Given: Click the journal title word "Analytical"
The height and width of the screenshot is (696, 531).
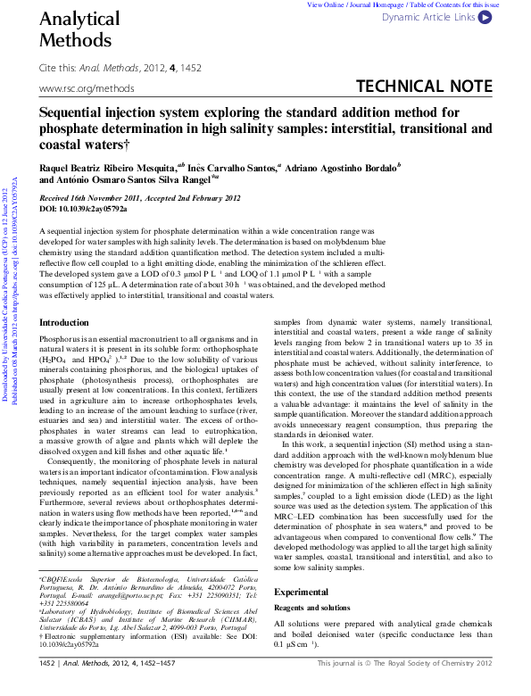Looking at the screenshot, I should [x=79, y=19].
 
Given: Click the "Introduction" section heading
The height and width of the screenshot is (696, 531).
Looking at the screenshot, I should [x=64, y=322].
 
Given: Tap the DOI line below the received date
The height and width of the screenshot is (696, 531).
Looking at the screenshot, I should [x=84, y=209].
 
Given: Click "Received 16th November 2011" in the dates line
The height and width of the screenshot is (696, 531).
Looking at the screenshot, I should [x=98, y=198].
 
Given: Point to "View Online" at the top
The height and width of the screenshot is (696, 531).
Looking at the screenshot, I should [x=326, y=4].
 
